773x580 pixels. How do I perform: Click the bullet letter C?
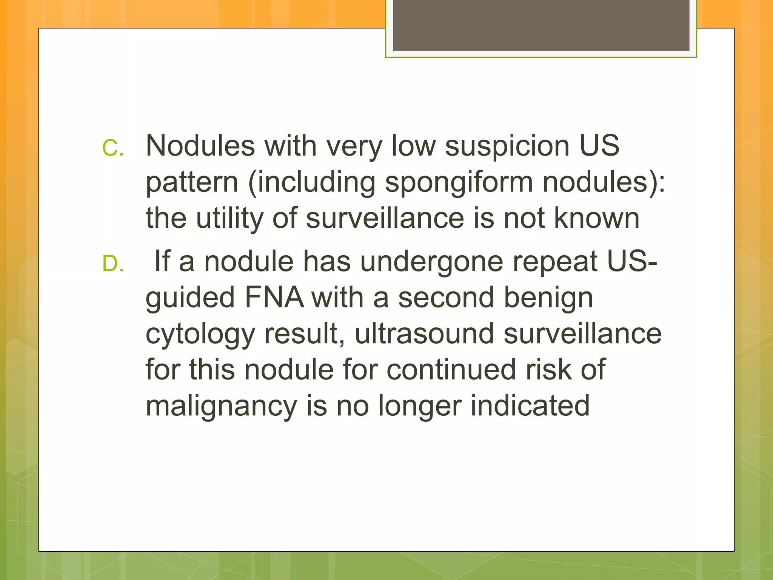pos(112,148)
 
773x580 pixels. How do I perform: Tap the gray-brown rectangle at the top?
pos(541,25)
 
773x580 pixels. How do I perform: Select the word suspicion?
pos(507,146)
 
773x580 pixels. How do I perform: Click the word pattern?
pos(192,182)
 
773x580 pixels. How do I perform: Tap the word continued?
pos(451,369)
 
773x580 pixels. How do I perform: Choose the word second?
pos(446,298)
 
